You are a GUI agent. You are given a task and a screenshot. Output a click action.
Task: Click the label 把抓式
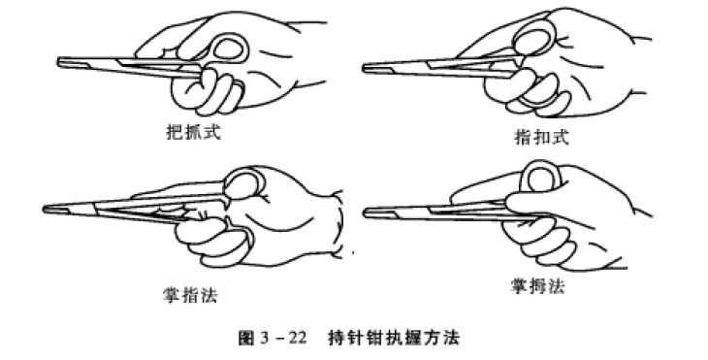193,130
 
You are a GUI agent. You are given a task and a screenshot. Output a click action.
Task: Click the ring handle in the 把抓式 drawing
229,49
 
